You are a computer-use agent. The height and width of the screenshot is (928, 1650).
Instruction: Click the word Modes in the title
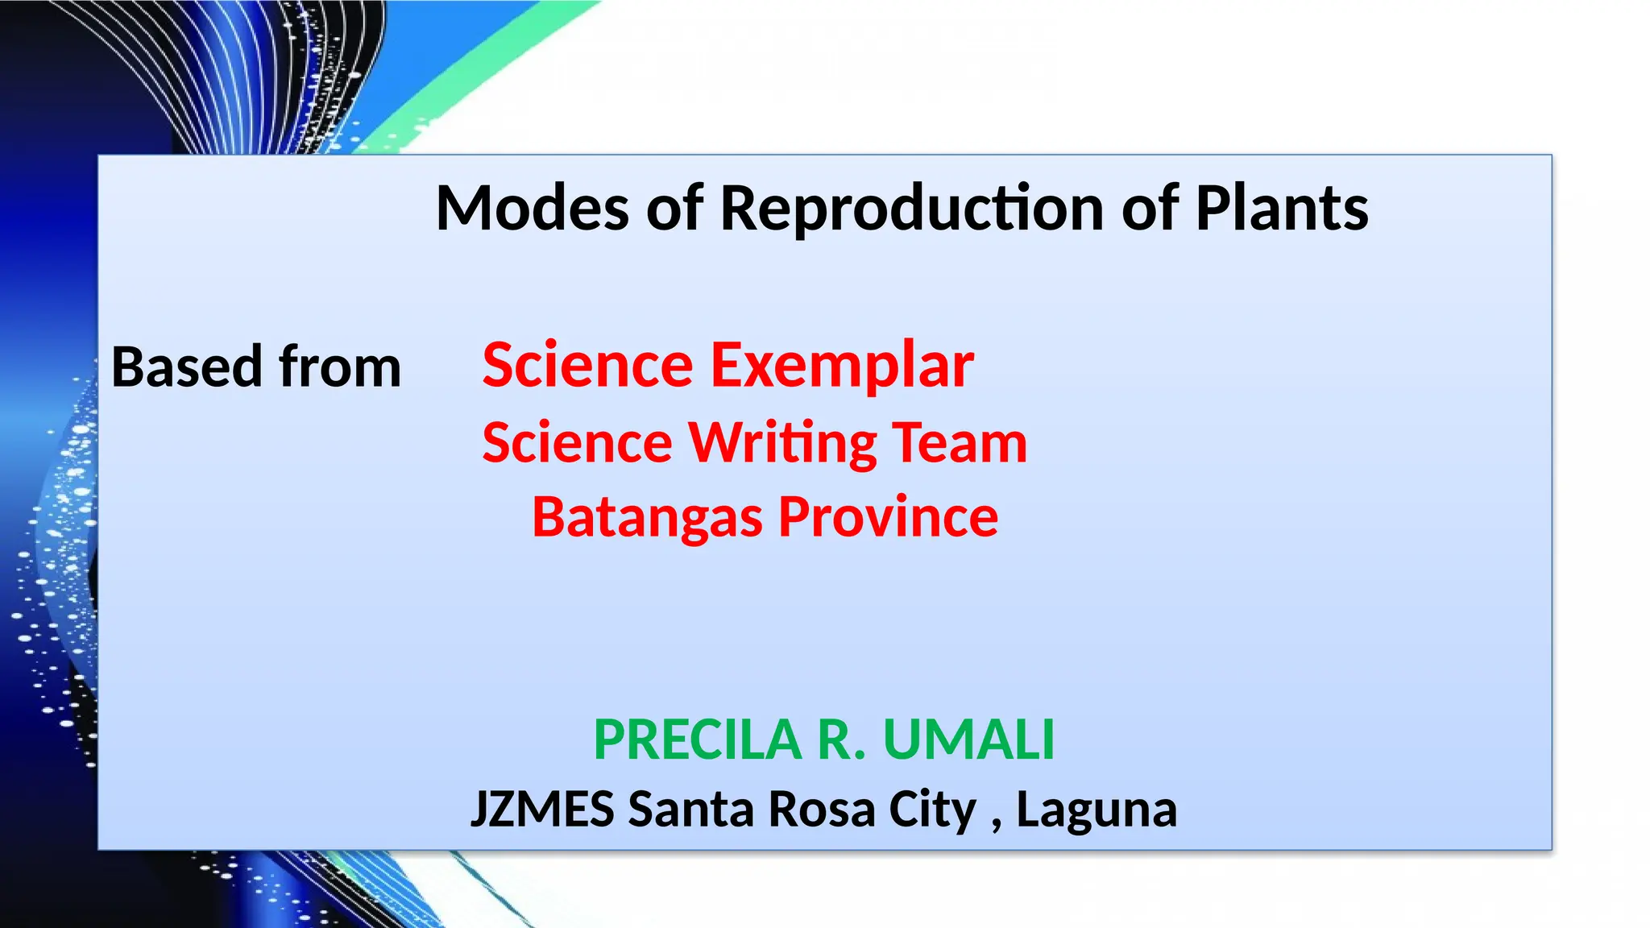pyautogui.click(x=532, y=208)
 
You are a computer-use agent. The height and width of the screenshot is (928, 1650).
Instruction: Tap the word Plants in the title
pyautogui.click(x=1281, y=208)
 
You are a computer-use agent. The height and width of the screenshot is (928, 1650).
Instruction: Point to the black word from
pyautogui.click(x=339, y=367)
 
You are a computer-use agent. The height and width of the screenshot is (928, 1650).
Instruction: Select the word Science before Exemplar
pyautogui.click(x=587, y=366)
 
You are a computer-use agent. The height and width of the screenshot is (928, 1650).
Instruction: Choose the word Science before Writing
pyautogui.click(x=577, y=443)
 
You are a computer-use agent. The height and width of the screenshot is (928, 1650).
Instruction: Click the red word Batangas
pyautogui.click(x=647, y=518)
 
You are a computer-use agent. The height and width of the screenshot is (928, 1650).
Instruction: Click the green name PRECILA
pyautogui.click(x=697, y=739)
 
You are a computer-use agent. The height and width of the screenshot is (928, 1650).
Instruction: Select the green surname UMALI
pyautogui.click(x=968, y=739)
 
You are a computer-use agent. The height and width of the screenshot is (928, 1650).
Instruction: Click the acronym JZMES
pyautogui.click(x=542, y=810)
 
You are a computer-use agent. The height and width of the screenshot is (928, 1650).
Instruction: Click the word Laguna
pyautogui.click(x=1096, y=810)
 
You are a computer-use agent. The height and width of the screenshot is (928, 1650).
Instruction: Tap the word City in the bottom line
pyautogui.click(x=932, y=810)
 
